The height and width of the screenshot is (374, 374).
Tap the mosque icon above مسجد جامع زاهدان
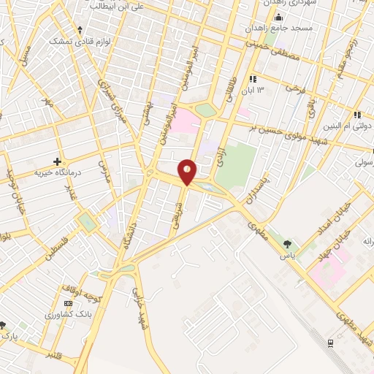pos(277,16)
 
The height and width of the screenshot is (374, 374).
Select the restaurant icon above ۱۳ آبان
pos(253,79)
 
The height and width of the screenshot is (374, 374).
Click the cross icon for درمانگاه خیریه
pos(56,161)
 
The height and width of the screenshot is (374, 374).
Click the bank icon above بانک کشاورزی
pos(69,303)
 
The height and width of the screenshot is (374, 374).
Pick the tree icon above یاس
pos(289,245)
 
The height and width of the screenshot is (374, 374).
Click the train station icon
pos(331,343)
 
